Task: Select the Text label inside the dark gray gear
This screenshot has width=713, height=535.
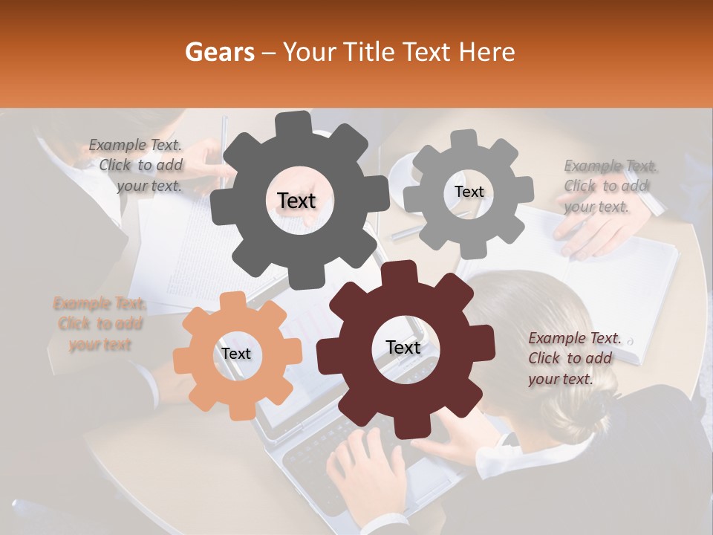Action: (x=296, y=201)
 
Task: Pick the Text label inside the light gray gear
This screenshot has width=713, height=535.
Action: (x=469, y=192)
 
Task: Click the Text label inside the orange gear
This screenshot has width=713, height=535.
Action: (x=236, y=354)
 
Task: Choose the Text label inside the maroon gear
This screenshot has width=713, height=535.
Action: (x=403, y=347)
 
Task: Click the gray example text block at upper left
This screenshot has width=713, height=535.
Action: (x=137, y=166)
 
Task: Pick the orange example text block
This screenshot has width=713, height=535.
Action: (x=100, y=324)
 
